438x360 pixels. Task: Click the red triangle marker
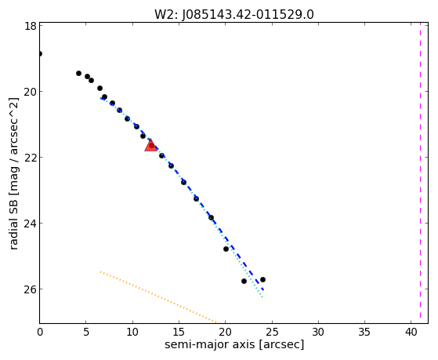[x=151, y=145]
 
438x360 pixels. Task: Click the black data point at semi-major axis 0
[x=40, y=53]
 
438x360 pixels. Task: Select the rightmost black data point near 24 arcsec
[x=262, y=279]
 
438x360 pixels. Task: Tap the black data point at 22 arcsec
[x=244, y=281]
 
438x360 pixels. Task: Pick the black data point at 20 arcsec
[x=226, y=249]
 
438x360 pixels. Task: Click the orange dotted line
[x=158, y=296]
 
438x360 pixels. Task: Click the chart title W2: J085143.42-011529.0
[x=234, y=15]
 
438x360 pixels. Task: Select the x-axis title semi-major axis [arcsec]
[x=234, y=344]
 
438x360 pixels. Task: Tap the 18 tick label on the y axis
[x=30, y=26]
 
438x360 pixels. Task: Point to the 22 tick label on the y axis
[x=30, y=157]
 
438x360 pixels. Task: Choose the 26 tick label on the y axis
[x=30, y=289]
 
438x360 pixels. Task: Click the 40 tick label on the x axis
[x=411, y=332]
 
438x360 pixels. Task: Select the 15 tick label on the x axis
[x=179, y=332]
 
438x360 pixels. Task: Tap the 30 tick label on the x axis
[x=318, y=332]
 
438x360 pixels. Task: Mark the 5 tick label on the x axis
[x=86, y=332]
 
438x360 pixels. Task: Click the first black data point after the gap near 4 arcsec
[x=79, y=73]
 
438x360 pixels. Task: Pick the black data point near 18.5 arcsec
[x=212, y=217]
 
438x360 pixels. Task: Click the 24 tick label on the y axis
[x=30, y=223]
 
